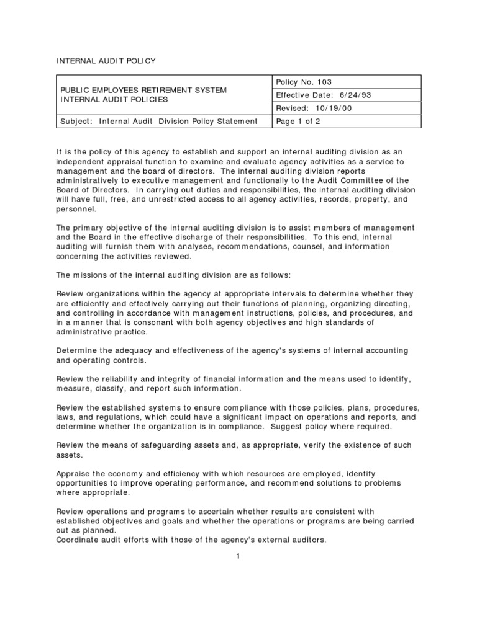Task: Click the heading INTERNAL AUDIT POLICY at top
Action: tap(106, 61)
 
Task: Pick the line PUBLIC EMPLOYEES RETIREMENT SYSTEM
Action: tap(142, 90)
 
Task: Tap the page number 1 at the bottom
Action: tap(238, 556)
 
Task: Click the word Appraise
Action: tap(75, 473)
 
